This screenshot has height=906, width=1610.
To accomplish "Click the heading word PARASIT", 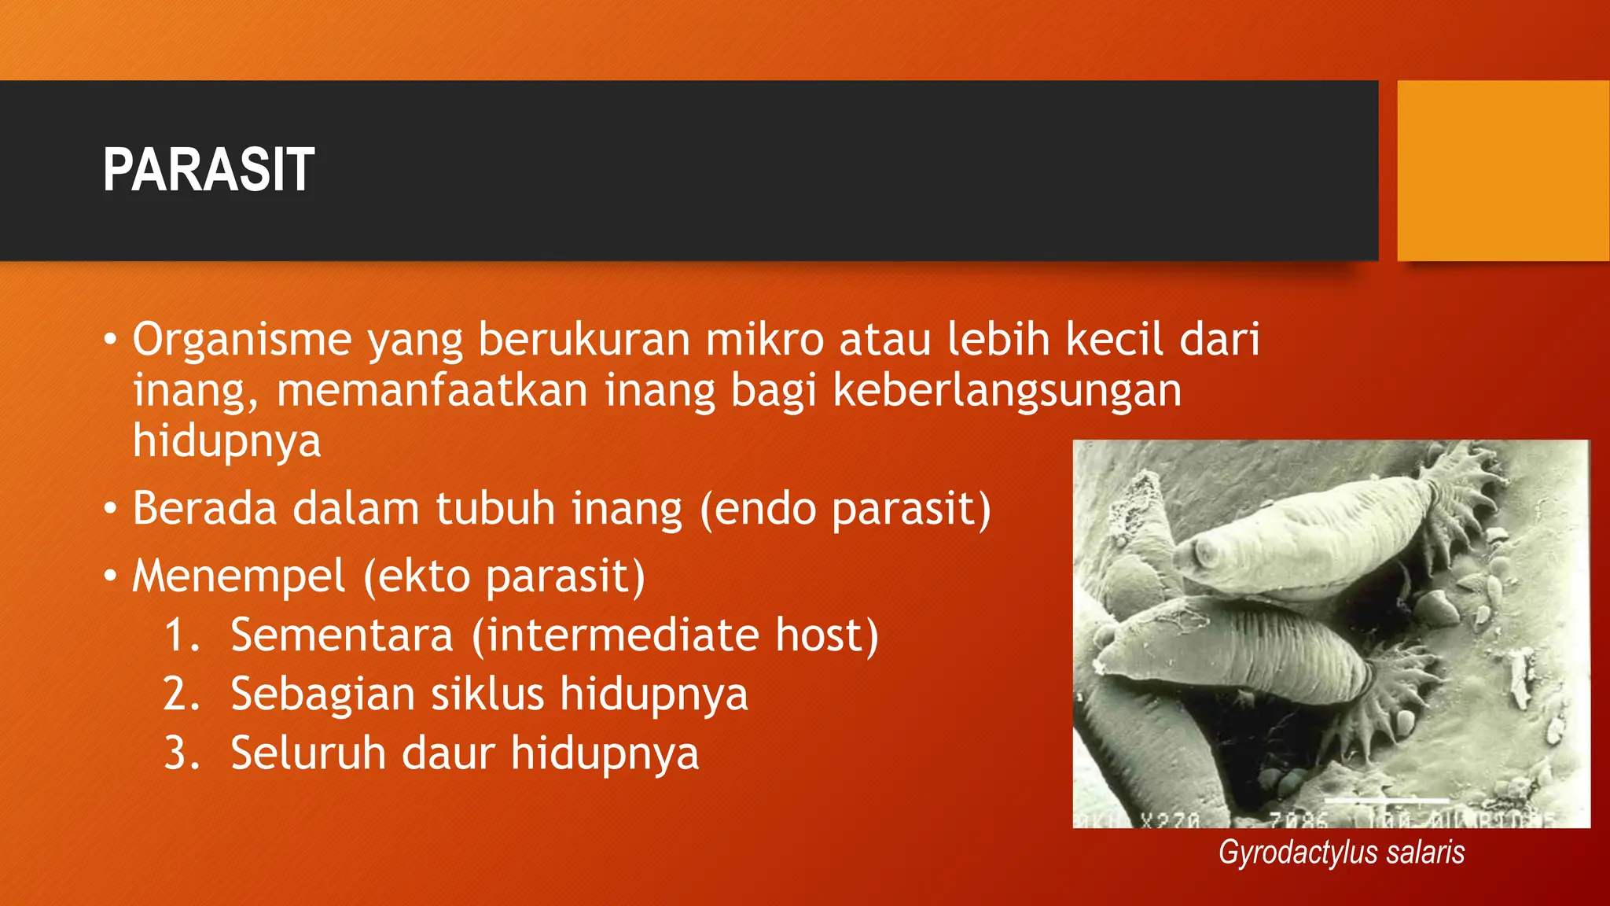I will coord(208,170).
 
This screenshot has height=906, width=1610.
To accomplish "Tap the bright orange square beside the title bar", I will coord(1503,170).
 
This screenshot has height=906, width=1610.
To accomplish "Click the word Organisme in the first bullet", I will coord(241,340).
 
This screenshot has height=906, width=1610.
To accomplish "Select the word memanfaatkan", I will coord(432,390).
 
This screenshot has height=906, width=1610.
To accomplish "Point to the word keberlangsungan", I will coord(1006,390).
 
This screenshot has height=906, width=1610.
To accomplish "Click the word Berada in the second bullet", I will coord(204,509).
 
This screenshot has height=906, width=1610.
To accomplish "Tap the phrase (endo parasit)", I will coord(845,509).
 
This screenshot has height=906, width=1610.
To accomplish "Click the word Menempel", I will coord(238,576).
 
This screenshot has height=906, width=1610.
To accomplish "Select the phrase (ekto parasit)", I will coord(504,576).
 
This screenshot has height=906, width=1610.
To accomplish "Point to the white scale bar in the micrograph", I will coord(1391,801).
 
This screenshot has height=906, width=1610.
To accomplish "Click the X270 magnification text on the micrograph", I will coord(1170,820).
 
